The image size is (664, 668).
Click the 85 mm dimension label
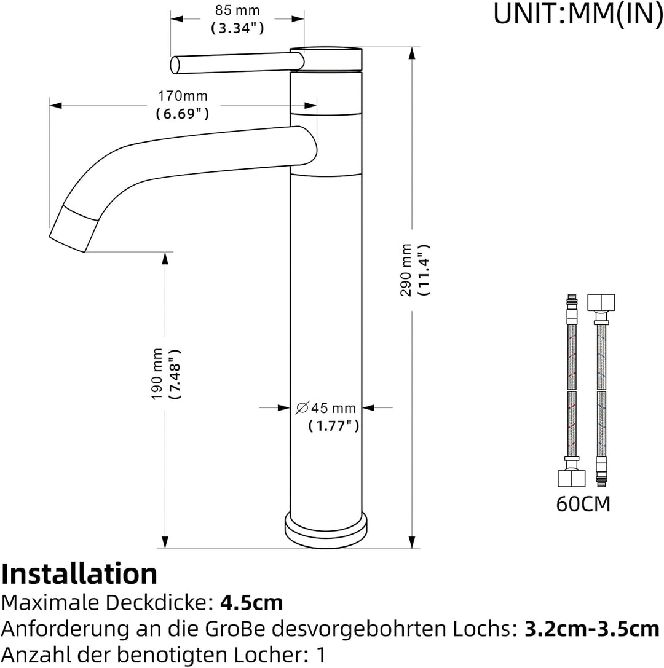[237, 10]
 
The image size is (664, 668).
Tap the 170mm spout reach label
[183, 96]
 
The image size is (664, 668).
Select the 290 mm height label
[406, 270]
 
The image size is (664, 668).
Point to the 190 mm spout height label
[157, 374]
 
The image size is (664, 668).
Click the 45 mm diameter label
[326, 407]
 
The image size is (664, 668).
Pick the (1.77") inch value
[334, 426]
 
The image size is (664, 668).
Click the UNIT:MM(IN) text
[578, 14]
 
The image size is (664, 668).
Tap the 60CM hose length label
[583, 504]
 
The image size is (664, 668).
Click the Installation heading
[80, 573]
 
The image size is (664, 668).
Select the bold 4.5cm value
[251, 603]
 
